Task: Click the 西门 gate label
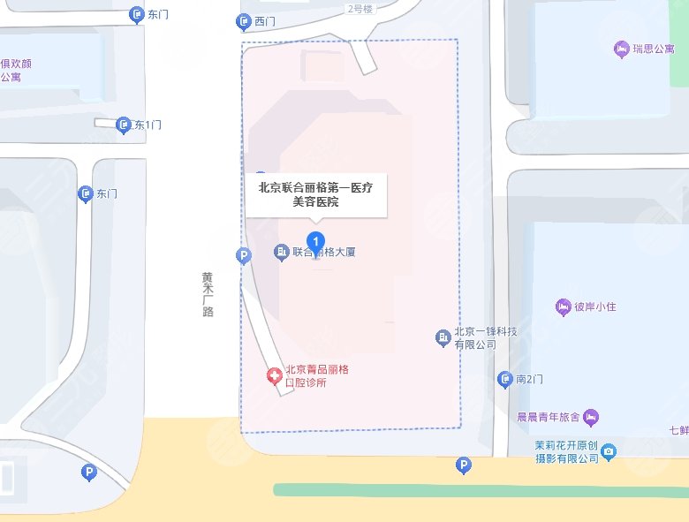click(265, 21)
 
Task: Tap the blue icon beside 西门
click(244, 22)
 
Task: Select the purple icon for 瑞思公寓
click(621, 49)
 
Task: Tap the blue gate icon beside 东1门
click(125, 125)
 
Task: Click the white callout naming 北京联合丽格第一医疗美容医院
click(316, 194)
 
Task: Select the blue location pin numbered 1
click(315, 241)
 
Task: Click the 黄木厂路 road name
click(208, 293)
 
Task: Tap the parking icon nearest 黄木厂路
click(245, 256)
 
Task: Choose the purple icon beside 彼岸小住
click(563, 307)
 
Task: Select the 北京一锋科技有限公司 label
click(485, 338)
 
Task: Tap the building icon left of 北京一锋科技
click(443, 337)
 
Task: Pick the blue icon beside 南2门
click(504, 379)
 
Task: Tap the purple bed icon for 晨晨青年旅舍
click(591, 417)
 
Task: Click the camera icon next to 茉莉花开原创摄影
click(609, 453)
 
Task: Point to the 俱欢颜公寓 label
click(16, 70)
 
